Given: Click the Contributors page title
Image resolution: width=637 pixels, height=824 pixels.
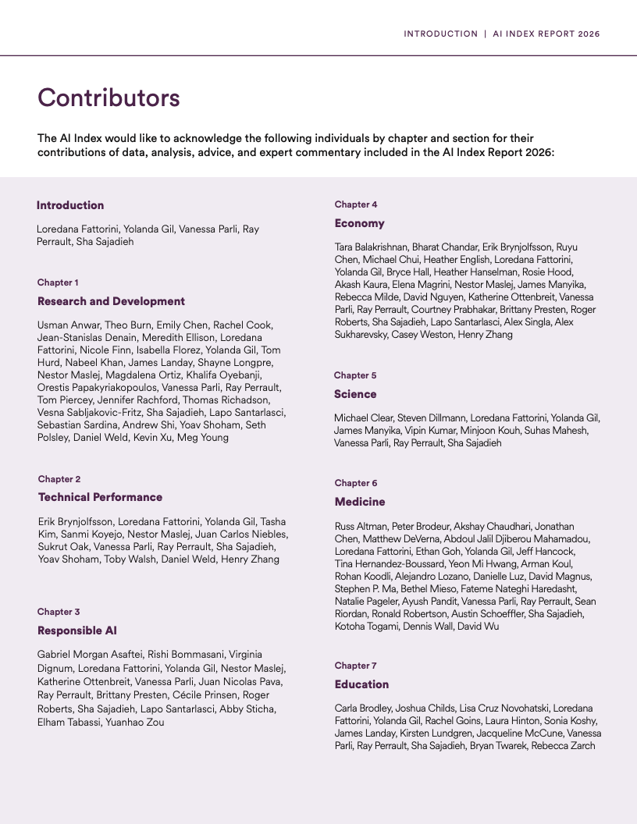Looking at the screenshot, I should click(109, 98).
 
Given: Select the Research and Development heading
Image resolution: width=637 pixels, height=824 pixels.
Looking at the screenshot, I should click(111, 301).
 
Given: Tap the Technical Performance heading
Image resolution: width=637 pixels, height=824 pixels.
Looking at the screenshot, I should click(100, 497).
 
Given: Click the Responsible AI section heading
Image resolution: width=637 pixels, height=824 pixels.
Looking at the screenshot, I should click(77, 630).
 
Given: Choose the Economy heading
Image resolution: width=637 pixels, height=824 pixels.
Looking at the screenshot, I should click(359, 223).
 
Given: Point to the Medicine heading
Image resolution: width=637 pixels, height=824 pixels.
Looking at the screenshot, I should click(359, 502).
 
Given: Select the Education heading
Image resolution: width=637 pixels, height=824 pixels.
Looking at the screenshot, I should click(361, 684).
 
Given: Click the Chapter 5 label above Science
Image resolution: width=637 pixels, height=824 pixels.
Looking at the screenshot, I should click(355, 375).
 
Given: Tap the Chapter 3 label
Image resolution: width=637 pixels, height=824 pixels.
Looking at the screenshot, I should click(59, 612).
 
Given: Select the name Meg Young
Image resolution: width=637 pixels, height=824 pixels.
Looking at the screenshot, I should click(204, 438).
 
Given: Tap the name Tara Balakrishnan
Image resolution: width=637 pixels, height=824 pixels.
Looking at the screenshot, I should click(370, 247).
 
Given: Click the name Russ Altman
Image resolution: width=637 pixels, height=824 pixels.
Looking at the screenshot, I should click(361, 527).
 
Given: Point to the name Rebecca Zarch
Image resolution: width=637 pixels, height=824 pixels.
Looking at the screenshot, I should click(563, 746).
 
